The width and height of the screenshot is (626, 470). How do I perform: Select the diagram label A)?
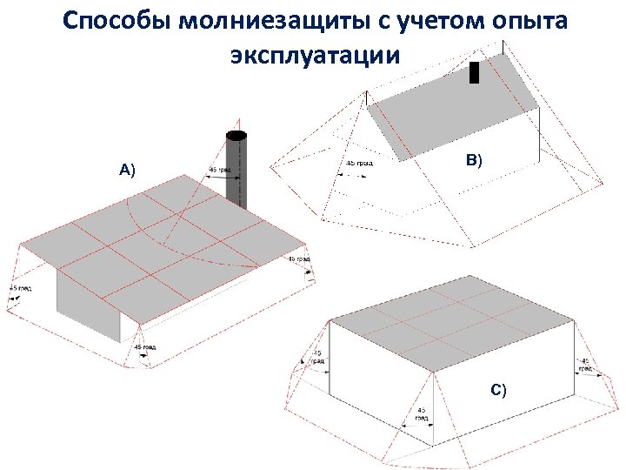(x=128, y=169)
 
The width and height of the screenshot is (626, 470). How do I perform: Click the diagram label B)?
(x=474, y=159)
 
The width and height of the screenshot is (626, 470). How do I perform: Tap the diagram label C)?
(x=498, y=389)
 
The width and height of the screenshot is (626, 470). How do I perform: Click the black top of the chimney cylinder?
(x=236, y=136)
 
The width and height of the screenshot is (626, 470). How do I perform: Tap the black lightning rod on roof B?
(x=474, y=72)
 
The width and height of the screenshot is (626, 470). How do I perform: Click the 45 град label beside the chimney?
(x=220, y=170)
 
